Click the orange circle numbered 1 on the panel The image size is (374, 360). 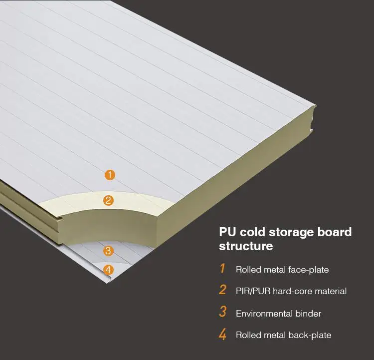click(x=110, y=175)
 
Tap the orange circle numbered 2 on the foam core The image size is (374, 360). click(x=108, y=201)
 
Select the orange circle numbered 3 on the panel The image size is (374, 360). click(x=109, y=251)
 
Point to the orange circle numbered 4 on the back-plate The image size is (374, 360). click(x=109, y=270)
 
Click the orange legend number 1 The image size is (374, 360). click(x=222, y=269)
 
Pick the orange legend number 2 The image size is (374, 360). click(x=222, y=291)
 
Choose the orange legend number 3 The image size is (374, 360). click(x=222, y=313)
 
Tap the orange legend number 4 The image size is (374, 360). click(x=222, y=335)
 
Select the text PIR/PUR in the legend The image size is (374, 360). click(x=253, y=291)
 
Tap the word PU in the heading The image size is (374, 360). click(x=228, y=232)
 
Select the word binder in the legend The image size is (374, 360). click(x=309, y=314)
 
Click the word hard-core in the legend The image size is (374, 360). click(x=290, y=291)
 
